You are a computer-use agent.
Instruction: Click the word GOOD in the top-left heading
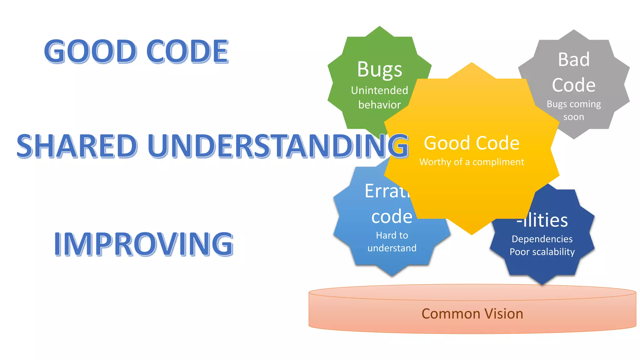[90, 52]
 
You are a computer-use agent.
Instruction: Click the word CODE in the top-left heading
[187, 52]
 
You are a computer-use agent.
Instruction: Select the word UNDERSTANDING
[278, 146]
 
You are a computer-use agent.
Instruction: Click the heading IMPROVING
[143, 244]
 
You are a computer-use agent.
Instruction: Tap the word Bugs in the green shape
[379, 69]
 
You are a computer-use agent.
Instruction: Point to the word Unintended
[379, 90]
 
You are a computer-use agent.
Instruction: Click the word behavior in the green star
[379, 105]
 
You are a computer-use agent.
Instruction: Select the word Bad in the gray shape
[574, 59]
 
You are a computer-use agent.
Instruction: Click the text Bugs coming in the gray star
[574, 104]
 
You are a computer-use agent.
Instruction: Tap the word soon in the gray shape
[574, 117]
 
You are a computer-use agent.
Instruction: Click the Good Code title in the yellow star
[471, 143]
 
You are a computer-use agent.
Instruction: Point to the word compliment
[498, 162]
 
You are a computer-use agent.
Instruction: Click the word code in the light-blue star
[392, 217]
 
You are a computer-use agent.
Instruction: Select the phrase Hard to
[392, 235]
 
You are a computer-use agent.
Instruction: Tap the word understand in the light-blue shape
[392, 248]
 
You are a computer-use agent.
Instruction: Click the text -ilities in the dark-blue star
[542, 220]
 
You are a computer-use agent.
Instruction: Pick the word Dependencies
[542, 239]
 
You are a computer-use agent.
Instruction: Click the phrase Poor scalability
[542, 252]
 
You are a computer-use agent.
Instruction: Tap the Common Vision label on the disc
[472, 314]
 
